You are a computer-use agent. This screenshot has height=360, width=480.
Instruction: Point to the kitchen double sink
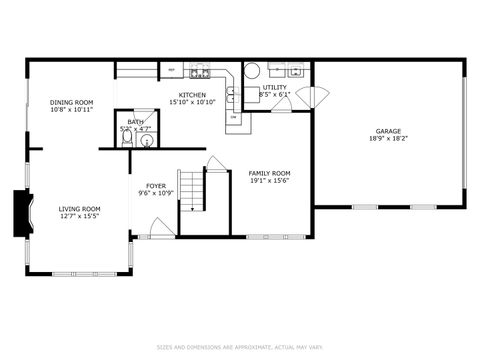coord(230,94)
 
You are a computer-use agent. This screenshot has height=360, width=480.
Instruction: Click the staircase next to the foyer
coord(190,191)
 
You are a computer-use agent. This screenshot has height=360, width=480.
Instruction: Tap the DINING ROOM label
coord(71,102)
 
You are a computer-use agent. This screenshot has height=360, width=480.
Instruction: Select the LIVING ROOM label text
coord(79,208)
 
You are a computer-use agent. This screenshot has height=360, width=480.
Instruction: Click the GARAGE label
coord(388,131)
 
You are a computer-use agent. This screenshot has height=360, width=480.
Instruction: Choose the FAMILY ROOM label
coord(269,173)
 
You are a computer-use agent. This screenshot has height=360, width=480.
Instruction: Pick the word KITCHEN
coord(192,93)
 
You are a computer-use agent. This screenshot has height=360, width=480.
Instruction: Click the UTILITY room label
coord(274,88)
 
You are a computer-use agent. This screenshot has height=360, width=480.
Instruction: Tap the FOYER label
coord(156,185)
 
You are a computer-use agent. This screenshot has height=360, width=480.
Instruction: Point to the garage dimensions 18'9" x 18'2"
coord(388,139)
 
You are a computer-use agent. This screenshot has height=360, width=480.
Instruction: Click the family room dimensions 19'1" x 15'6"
coord(269,181)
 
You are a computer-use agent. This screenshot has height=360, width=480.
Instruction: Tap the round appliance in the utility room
coord(252,70)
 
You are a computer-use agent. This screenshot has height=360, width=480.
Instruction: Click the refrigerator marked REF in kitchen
coord(172,70)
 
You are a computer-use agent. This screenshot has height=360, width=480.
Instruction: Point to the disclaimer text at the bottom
coord(239,348)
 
